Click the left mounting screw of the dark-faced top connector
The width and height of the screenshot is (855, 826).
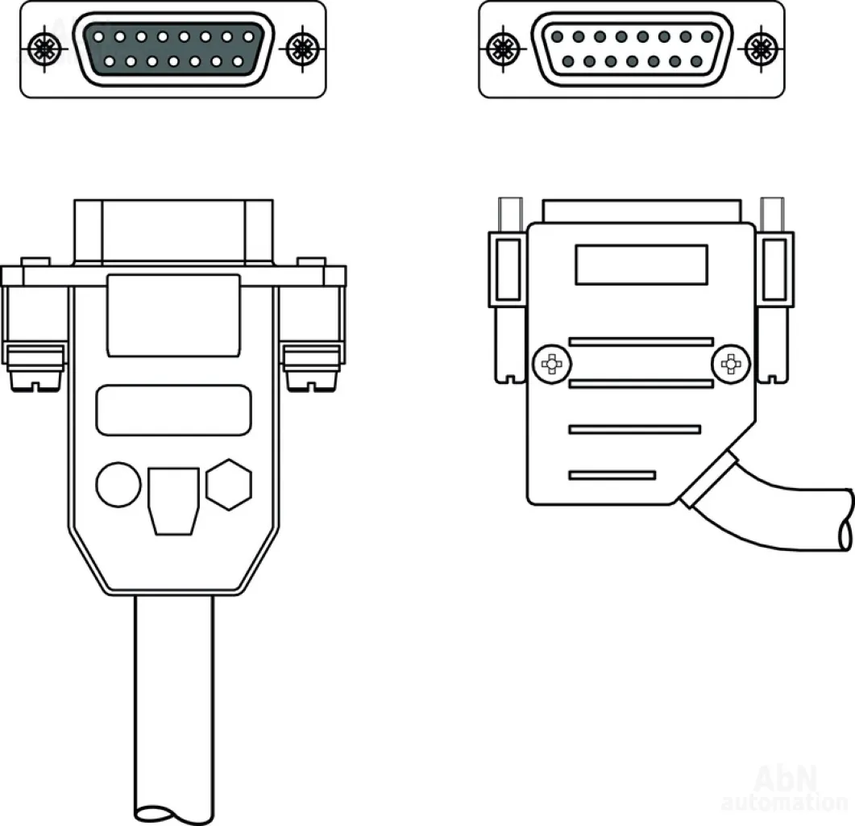[x=42, y=48]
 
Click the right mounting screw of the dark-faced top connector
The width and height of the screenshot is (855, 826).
[x=301, y=48]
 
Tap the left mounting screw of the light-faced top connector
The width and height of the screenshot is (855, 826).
[x=502, y=48]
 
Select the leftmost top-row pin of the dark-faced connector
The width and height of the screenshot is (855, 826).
[x=98, y=37]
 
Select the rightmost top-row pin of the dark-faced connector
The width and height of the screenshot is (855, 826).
[x=248, y=37]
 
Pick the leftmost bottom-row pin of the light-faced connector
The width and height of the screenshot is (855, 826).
[x=568, y=61]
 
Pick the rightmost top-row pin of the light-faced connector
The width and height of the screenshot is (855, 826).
[x=708, y=36]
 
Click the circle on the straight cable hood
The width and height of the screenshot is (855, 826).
[x=118, y=484]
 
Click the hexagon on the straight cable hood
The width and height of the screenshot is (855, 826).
[x=229, y=484]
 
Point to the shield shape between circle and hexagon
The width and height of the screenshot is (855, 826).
[x=173, y=501]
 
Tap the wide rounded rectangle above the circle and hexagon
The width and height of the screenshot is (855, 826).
[x=174, y=410]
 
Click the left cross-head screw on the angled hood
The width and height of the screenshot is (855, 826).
[x=552, y=364]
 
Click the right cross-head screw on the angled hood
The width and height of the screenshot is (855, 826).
[x=731, y=364]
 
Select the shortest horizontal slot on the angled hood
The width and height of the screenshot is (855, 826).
[x=612, y=475]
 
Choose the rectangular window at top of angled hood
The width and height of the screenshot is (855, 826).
[x=641, y=265]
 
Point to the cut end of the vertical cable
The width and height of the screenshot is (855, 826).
[x=174, y=814]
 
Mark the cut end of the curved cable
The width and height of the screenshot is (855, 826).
[x=846, y=519]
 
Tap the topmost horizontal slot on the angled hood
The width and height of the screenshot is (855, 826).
[x=641, y=342]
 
